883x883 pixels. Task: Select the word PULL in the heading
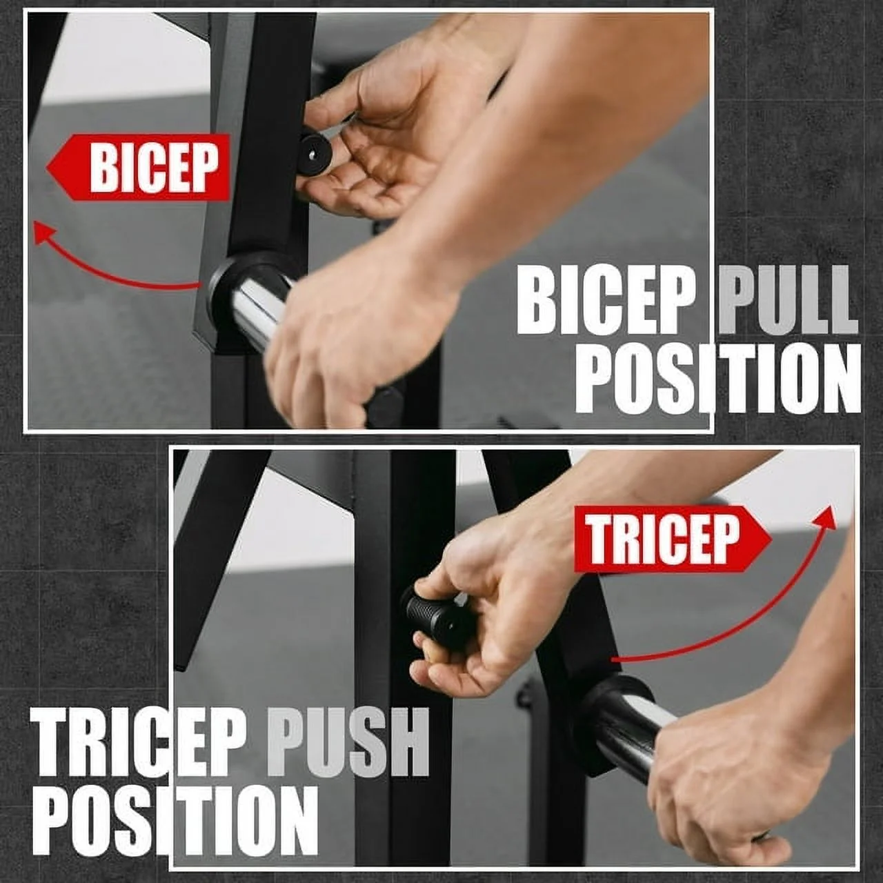[786, 302]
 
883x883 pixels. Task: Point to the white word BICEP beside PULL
[606, 302]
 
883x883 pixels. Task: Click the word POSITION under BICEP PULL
[717, 379]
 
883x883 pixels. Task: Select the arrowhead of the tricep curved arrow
[828, 517]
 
